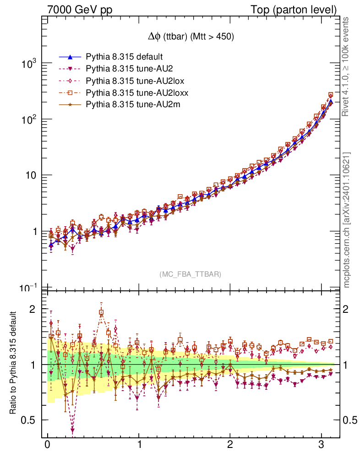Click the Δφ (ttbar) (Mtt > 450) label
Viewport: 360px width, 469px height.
tap(189, 37)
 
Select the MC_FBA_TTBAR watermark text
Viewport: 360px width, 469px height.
tap(190, 274)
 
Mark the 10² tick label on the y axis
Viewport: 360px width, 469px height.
tap(29, 120)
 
